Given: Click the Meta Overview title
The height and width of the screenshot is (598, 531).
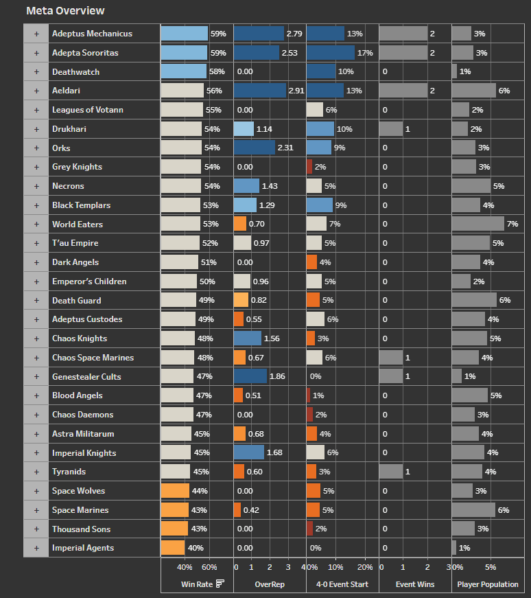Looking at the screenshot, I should [65, 11].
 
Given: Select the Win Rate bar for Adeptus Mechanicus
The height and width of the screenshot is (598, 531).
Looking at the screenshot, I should [184, 34].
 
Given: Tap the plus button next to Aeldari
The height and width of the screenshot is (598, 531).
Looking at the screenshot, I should [36, 91].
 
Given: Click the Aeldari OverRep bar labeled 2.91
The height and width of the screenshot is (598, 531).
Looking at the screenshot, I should [260, 91].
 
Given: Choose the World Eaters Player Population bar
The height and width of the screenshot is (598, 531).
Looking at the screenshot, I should [478, 224].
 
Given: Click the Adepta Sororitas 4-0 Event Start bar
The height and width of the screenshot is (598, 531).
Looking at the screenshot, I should [331, 53].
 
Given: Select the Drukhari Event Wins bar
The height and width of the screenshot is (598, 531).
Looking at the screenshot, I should [391, 129].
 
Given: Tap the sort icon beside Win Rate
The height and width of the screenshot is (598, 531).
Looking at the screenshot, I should [220, 584].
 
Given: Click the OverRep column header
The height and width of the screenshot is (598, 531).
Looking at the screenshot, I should [270, 584].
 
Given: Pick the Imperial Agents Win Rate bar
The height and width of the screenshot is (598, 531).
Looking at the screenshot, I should [173, 548].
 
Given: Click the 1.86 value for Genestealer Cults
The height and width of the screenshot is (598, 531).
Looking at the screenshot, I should [277, 377].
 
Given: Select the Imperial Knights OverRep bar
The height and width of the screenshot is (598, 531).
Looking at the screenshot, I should [249, 452].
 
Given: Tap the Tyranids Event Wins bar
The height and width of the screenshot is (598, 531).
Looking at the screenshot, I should [391, 472].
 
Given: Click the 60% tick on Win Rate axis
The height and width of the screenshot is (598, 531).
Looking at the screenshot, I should [209, 567].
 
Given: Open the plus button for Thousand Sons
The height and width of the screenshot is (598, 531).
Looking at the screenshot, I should [36, 529].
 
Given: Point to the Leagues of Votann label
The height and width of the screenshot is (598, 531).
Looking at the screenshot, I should [88, 110].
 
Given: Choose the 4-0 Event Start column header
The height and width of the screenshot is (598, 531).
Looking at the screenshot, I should [342, 584].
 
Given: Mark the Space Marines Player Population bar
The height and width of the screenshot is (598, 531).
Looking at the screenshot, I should [473, 510].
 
